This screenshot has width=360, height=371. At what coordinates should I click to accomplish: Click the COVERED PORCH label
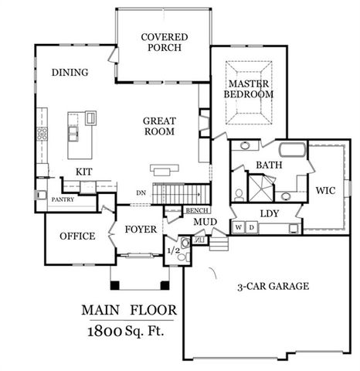tap(161, 42)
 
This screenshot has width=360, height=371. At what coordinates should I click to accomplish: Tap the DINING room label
tap(70, 73)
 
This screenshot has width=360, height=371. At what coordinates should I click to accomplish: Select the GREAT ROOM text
tap(158, 126)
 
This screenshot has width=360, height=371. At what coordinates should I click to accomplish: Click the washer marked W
tap(239, 227)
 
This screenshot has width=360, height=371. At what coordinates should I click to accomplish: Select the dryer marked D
tap(250, 227)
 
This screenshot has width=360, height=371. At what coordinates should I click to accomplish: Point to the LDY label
tap(270, 213)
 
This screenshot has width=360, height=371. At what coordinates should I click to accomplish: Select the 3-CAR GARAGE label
tap(273, 286)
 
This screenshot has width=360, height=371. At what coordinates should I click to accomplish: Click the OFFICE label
tap(76, 236)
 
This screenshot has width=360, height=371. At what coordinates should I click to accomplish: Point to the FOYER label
tap(141, 230)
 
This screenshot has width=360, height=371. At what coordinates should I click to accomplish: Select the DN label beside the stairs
tap(140, 193)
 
